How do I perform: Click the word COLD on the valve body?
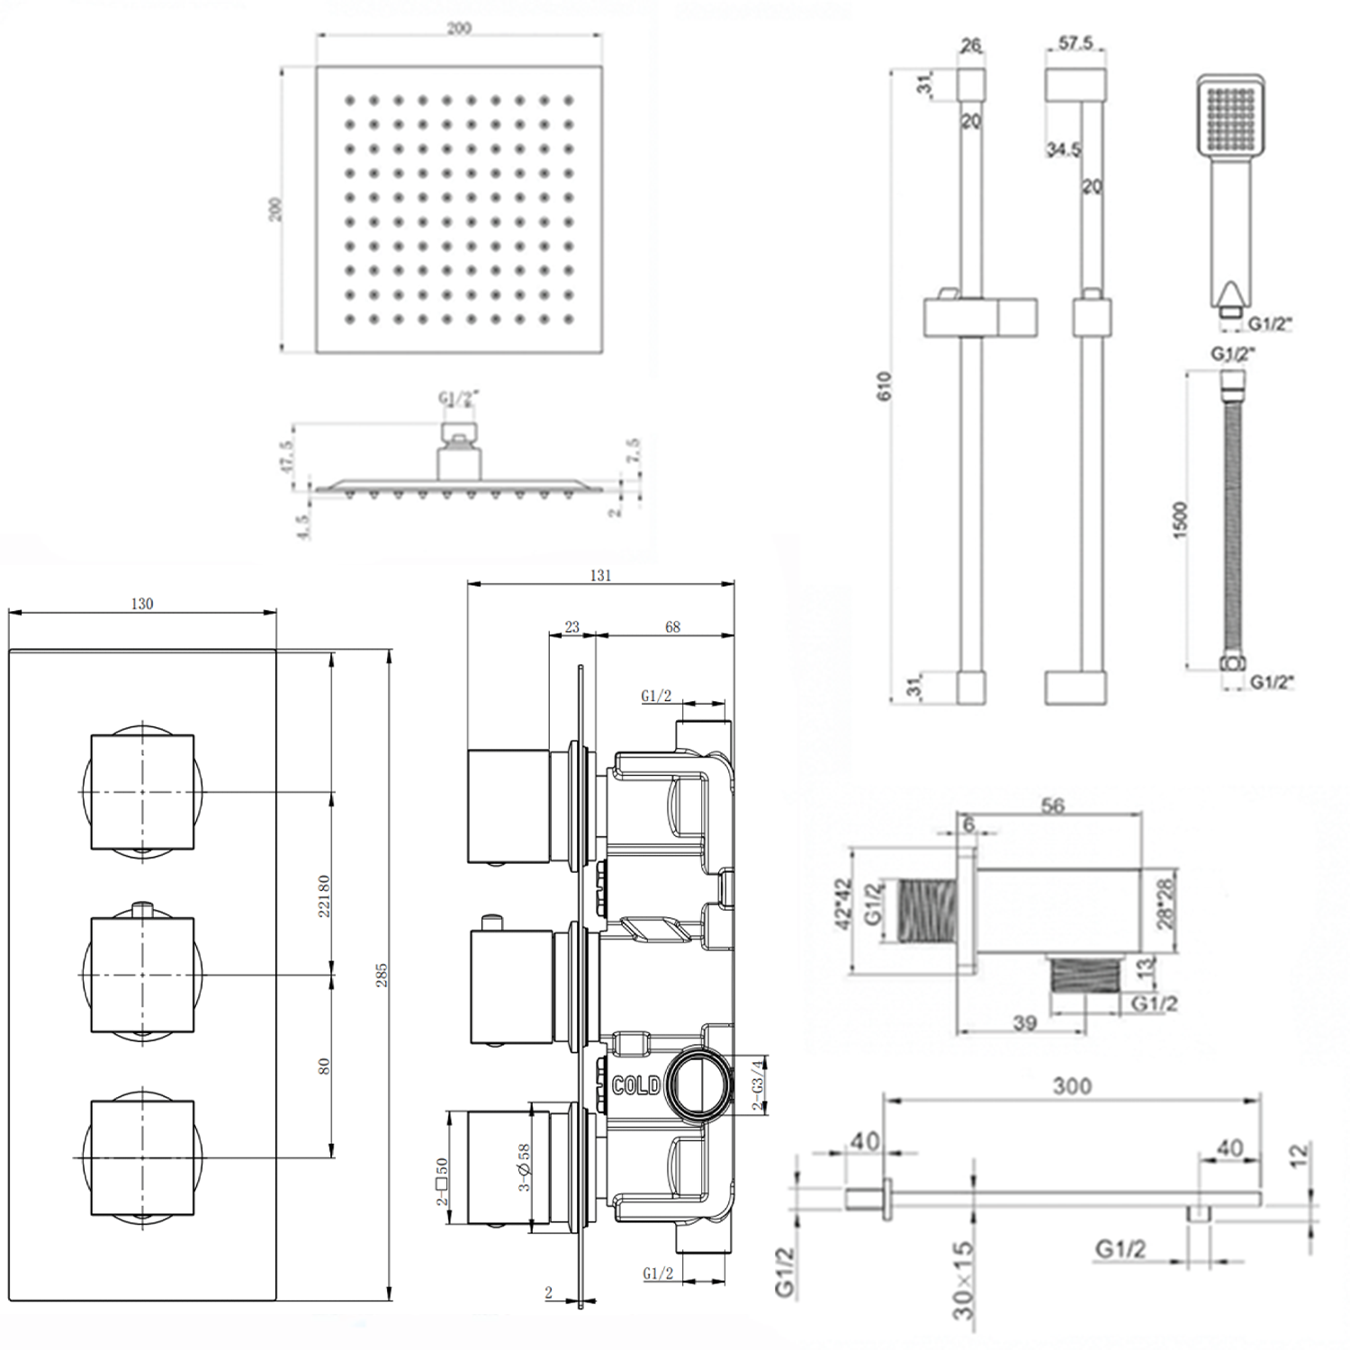tap(635, 1085)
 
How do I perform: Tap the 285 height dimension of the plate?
tap(381, 974)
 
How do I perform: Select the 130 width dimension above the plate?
tap(142, 604)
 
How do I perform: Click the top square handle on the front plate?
tap(142, 792)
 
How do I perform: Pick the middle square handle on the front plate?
tap(142, 975)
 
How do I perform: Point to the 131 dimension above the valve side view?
tap(600, 575)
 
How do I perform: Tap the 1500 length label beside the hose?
tap(1181, 519)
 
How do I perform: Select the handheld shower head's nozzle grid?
tap(1229, 118)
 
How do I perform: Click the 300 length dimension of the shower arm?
tap(1072, 1086)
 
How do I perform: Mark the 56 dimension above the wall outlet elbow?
tap(1052, 805)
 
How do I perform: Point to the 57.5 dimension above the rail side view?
tap(1075, 43)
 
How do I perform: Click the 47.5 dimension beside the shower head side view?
tap(287, 456)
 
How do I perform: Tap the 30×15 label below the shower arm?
tap(964, 1281)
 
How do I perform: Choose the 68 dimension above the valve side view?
tap(672, 627)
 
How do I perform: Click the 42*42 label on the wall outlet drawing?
tap(843, 904)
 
